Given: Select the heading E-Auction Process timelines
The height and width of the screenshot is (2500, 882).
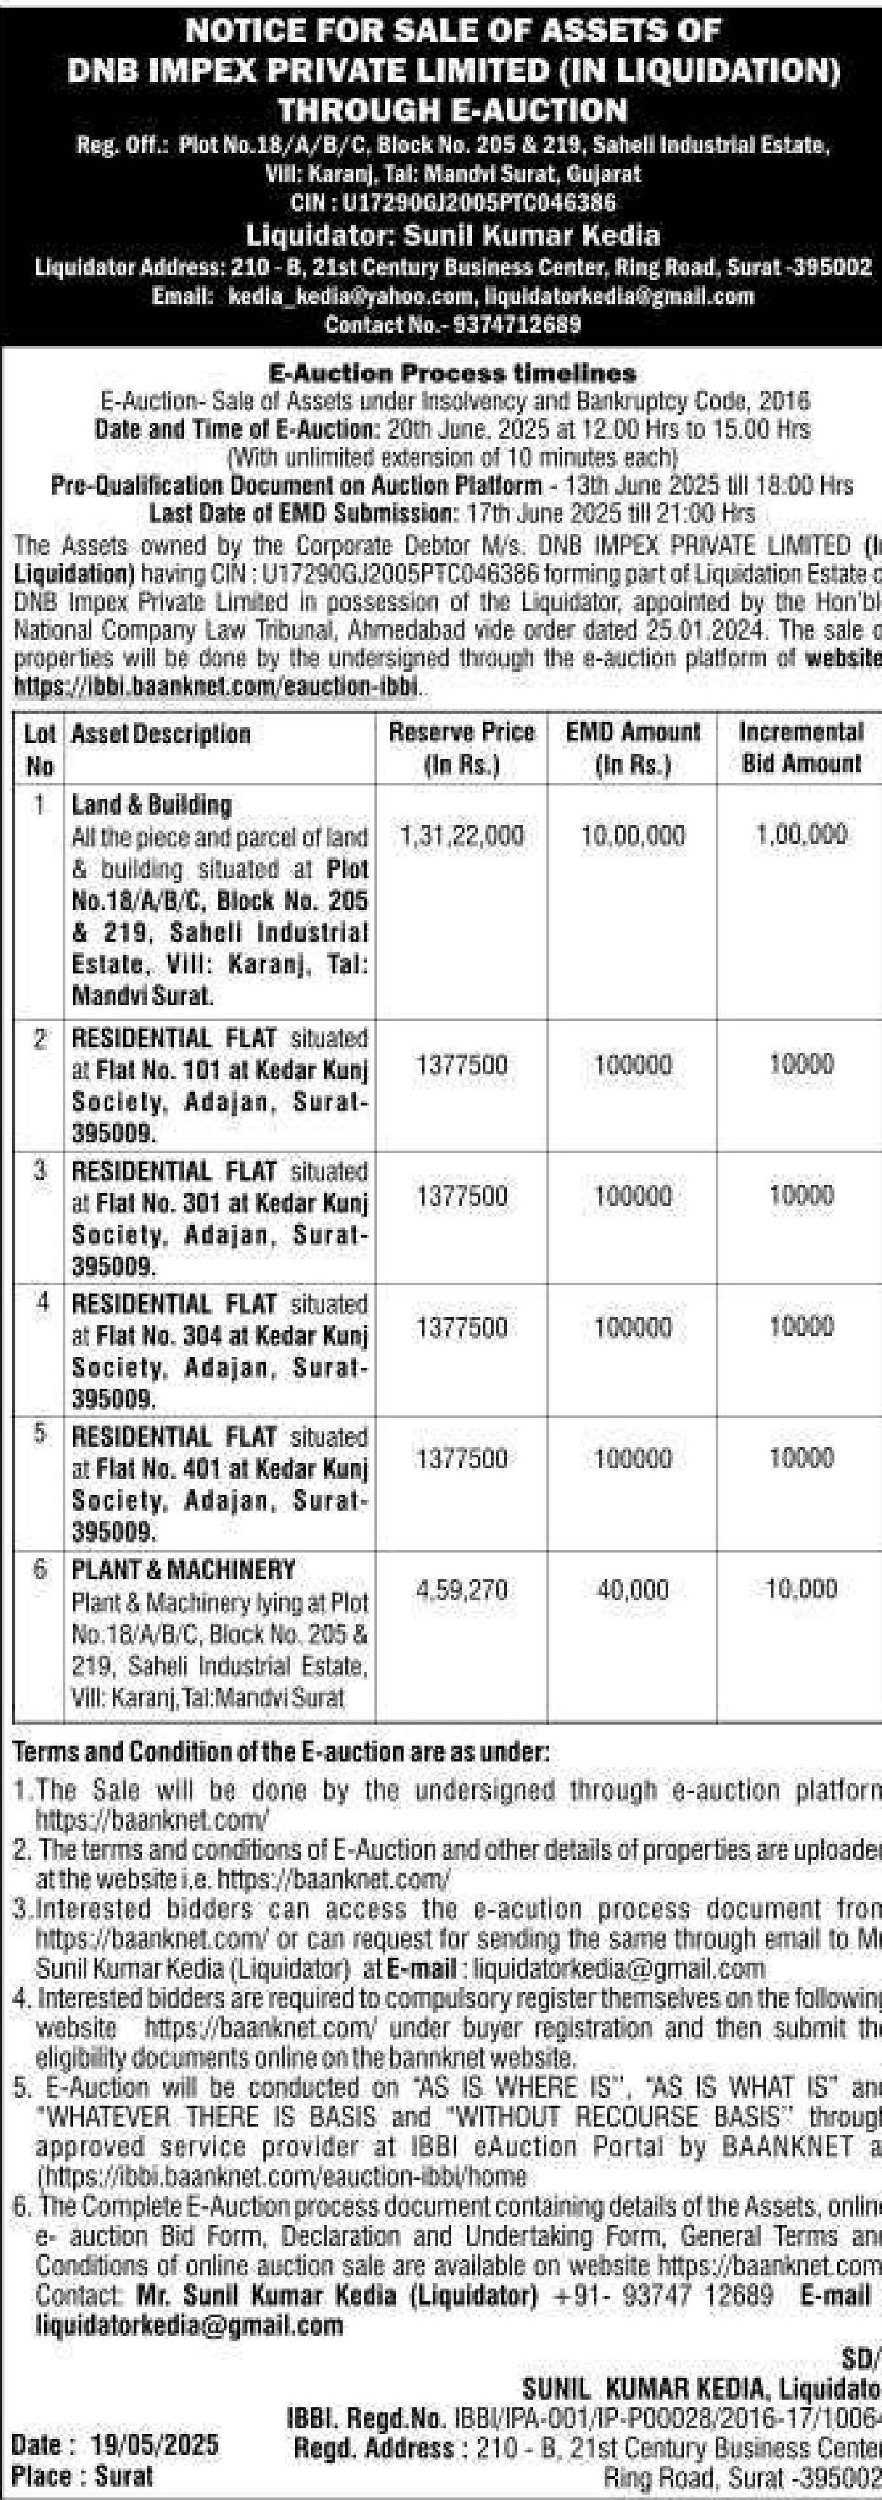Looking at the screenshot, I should [452, 373].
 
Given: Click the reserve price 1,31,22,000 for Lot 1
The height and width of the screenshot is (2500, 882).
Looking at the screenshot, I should [462, 836].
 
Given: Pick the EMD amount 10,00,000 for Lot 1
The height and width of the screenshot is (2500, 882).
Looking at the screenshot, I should [633, 836].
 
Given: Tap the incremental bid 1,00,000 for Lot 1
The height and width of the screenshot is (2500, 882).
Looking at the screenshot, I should [801, 834].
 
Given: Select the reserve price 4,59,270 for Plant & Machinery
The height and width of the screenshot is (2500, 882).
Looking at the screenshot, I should [462, 1591].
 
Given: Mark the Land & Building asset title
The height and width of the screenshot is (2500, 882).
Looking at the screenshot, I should [152, 805].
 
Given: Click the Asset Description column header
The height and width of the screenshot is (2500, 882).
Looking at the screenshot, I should [161, 735].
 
